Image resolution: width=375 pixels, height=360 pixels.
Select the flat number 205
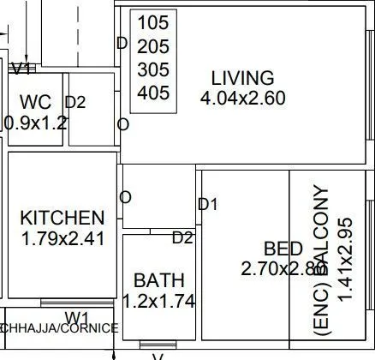153,46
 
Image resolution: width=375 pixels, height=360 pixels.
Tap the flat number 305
153,69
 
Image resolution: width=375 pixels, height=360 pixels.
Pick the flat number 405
153,93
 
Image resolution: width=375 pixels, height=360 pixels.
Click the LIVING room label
243,78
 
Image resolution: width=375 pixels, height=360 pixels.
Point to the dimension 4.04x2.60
243,99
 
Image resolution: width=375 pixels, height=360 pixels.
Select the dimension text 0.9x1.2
36,123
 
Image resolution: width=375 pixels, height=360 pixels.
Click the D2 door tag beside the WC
75,103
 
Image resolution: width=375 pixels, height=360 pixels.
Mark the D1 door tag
208,204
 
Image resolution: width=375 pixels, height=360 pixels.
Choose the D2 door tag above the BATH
182,237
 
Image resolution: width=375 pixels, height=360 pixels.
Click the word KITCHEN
62,219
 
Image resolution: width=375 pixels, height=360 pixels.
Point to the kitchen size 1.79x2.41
62,239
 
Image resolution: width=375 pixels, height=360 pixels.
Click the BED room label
283,249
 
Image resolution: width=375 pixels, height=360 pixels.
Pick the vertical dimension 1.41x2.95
346,246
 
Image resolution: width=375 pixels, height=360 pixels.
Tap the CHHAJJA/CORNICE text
59,328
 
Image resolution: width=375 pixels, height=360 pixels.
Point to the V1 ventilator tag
21,68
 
